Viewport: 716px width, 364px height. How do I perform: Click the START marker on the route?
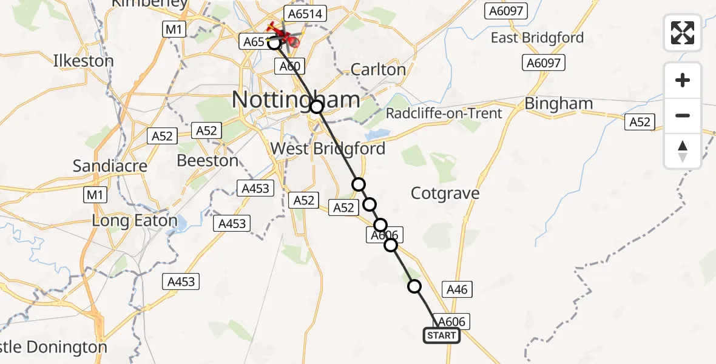[441, 335]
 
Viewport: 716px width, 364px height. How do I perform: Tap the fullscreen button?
[683, 33]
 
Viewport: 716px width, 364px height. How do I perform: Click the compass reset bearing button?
[683, 151]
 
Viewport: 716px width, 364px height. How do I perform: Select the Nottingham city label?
[296, 99]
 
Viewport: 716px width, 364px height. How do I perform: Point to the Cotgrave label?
[445, 194]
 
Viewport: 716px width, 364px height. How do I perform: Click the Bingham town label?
[558, 104]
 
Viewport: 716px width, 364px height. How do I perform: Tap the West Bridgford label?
[327, 149]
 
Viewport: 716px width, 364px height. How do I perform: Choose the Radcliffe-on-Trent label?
[444, 113]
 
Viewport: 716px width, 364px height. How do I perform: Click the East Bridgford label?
[537, 38]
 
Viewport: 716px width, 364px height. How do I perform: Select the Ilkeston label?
[83, 61]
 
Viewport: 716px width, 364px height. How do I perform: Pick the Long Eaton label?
[134, 221]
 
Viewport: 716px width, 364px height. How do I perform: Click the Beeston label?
[208, 160]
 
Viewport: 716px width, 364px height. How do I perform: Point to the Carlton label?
[378, 69]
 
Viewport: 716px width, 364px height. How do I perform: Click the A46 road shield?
[457, 289]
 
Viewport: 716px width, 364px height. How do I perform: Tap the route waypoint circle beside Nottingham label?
[317, 107]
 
